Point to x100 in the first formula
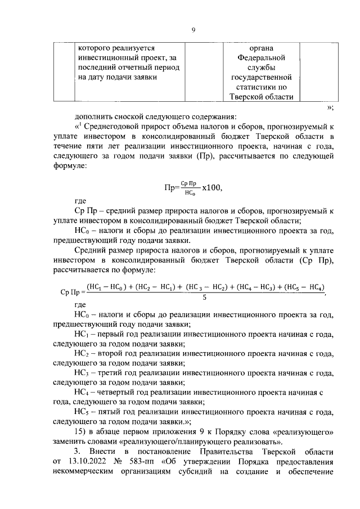[208, 187]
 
